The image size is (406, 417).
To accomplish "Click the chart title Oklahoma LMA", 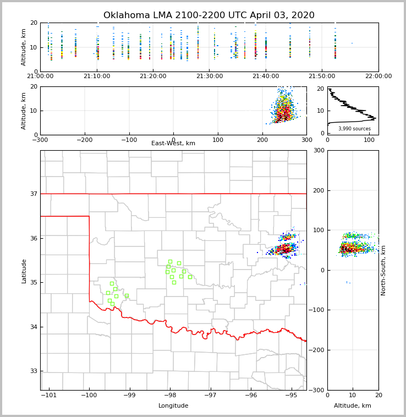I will pos(209,15).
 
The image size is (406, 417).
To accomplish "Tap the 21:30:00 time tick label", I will pos(210,76).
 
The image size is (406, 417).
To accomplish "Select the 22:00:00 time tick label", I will pos(378,76).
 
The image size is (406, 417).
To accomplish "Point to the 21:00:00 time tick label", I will pos(40,76).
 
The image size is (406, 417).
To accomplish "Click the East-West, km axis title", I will pos(173,144).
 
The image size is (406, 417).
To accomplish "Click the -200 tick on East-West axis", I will pos(84,140).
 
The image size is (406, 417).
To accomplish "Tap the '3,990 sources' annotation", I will pos(354,129).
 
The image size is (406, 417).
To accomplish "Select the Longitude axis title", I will pos(173,406).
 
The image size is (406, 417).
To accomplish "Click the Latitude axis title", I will pos(24,271).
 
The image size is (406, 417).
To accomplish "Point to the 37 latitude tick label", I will pos(33,194).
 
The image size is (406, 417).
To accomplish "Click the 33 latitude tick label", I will pos(33,371).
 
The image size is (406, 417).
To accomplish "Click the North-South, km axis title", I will pos(383,270).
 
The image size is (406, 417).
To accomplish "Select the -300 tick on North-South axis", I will pos(318,390).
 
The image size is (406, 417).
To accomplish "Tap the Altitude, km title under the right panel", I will pos(353,406).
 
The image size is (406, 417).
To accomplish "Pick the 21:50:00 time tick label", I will pos(322,76).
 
